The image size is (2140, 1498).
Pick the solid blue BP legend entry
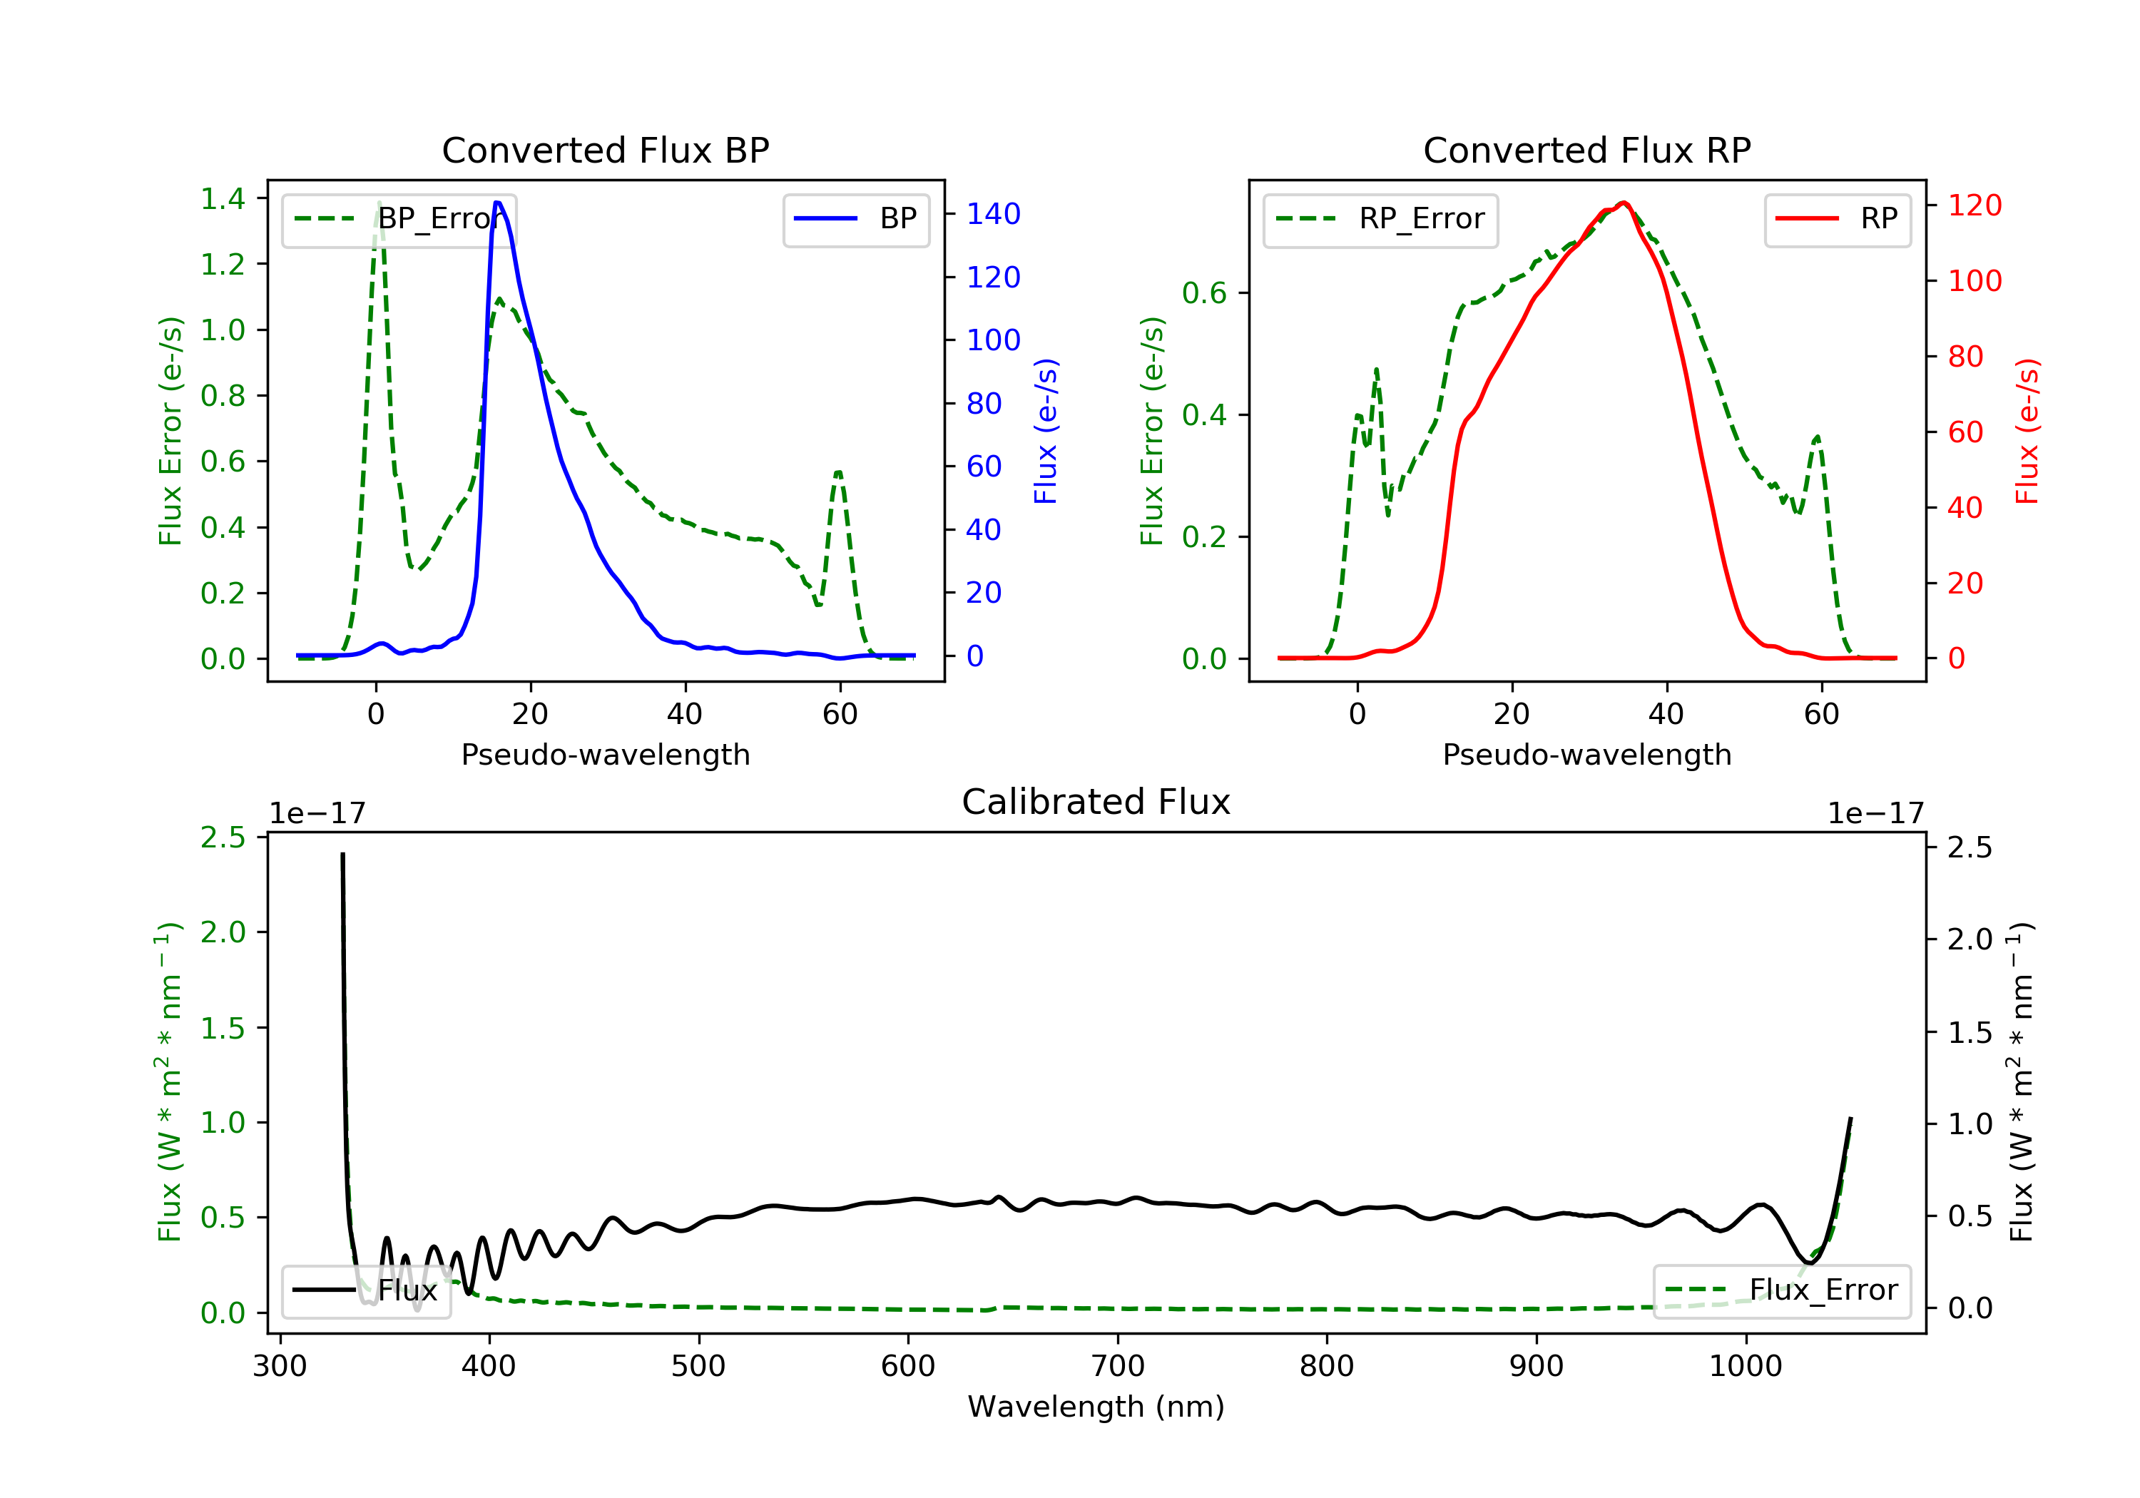[x=855, y=219]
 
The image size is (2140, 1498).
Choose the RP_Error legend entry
[x=1380, y=219]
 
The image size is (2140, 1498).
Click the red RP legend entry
[x=1837, y=219]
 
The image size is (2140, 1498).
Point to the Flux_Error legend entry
[x=1781, y=1290]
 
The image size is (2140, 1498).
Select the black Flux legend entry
[x=365, y=1290]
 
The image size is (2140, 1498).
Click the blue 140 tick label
[x=993, y=215]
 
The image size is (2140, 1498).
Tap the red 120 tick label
[x=1974, y=205]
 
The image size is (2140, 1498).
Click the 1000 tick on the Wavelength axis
[x=1745, y=1367]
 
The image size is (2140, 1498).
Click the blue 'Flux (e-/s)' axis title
[x=1046, y=431]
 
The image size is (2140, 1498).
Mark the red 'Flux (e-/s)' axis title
[x=2027, y=431]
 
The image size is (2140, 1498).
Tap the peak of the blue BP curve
[x=498, y=203]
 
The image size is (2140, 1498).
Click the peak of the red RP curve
[x=1624, y=203]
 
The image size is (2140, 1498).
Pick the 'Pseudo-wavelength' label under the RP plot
[x=1586, y=754]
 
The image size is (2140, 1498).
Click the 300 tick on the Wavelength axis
[x=280, y=1367]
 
